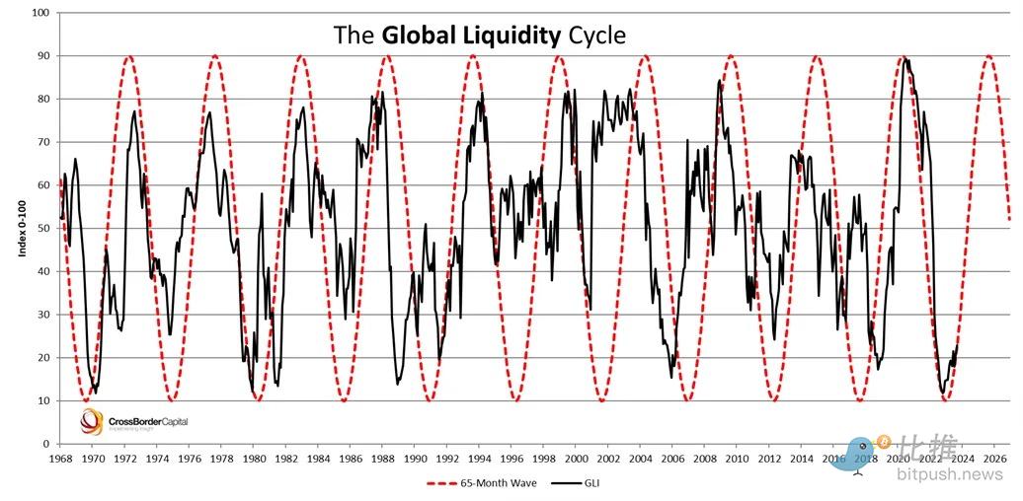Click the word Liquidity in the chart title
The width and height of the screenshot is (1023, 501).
click(x=511, y=36)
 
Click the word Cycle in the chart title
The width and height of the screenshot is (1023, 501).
click(x=596, y=36)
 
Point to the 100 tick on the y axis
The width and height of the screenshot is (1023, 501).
click(x=41, y=13)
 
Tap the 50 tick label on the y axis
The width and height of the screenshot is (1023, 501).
click(x=44, y=229)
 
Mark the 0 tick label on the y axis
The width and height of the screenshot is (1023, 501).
click(x=47, y=444)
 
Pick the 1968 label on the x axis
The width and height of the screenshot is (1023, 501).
click(x=60, y=459)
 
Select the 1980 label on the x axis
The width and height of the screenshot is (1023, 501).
click(x=254, y=459)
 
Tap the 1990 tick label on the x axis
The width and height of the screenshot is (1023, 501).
click(x=415, y=459)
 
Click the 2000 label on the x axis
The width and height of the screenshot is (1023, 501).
click(x=577, y=459)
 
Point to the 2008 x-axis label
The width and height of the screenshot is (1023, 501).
click(x=705, y=459)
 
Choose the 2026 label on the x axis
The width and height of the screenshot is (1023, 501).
click(x=995, y=459)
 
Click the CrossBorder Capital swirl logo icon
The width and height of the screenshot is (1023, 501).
click(x=92, y=422)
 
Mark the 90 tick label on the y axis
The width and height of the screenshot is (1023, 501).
click(x=44, y=56)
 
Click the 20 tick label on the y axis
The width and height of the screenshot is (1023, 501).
click(x=44, y=358)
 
